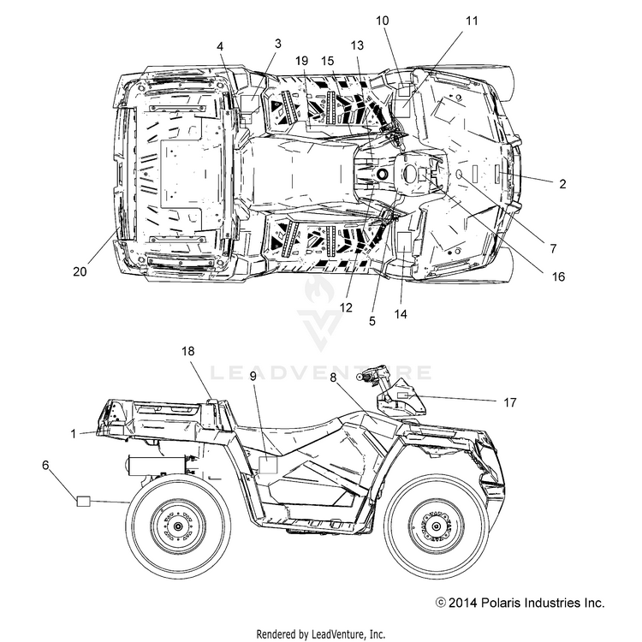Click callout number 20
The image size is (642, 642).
click(80, 271)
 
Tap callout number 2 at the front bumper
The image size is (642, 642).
click(562, 184)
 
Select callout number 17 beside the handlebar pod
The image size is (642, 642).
click(510, 402)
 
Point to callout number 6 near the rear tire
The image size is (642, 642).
click(45, 465)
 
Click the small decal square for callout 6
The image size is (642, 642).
click(84, 501)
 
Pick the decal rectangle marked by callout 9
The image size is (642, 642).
click(268, 465)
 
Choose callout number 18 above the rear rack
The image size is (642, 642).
click(188, 351)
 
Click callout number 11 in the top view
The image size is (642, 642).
click(472, 21)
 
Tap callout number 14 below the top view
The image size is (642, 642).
click(401, 314)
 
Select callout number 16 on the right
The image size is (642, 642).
click(558, 276)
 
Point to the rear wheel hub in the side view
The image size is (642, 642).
click(178, 526)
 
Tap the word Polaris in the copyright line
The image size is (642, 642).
click(501, 603)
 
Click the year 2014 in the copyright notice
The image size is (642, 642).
click(463, 603)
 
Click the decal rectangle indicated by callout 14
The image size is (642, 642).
click(405, 241)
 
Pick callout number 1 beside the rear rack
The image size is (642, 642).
click(74, 434)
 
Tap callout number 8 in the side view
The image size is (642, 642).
click(333, 377)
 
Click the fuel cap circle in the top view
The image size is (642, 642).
click(383, 174)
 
